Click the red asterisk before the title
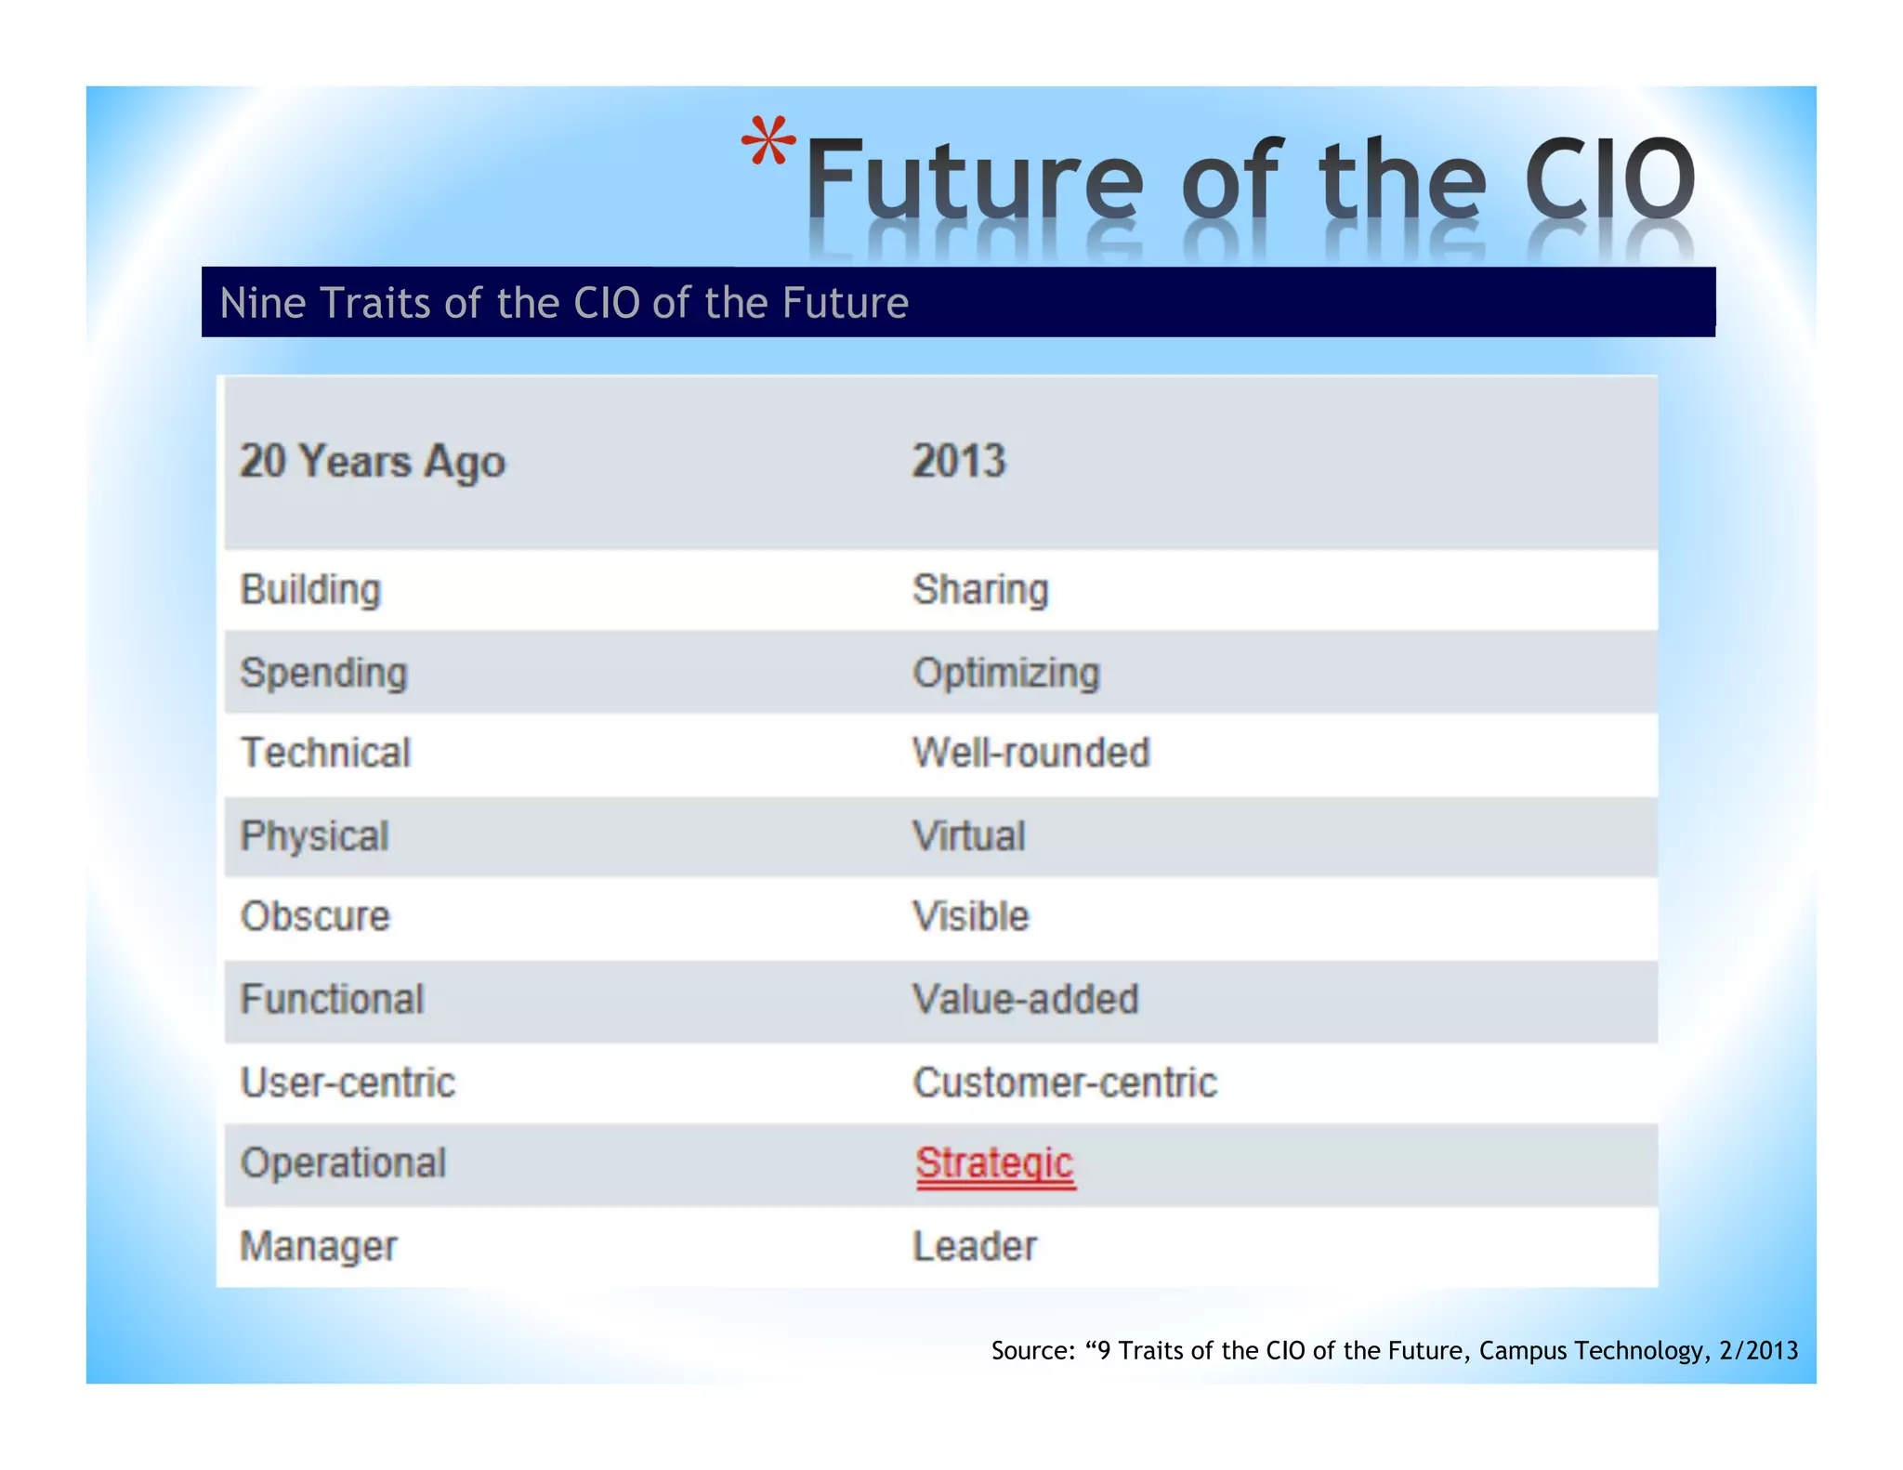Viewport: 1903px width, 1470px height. coord(768,140)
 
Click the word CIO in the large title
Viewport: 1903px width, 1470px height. coord(1609,177)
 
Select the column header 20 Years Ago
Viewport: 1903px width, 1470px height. coord(373,462)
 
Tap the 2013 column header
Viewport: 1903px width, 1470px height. coord(958,461)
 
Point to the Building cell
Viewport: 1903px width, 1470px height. coord(311,590)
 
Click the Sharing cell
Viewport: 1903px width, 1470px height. coord(980,590)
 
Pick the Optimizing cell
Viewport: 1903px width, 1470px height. coord(1005,673)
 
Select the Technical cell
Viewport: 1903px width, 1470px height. coord(325,753)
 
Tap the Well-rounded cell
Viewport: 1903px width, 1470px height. coord(1030,753)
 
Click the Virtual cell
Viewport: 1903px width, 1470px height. coord(968,836)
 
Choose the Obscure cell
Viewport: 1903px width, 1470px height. coord(315,917)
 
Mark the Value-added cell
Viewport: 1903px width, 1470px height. coord(1025,1000)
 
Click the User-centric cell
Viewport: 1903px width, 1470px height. coord(348,1083)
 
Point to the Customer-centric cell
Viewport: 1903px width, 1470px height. coord(1064,1083)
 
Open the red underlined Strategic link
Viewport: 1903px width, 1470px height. coord(994,1163)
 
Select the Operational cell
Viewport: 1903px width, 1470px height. coord(343,1163)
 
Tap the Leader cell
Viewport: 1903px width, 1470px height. coord(974,1246)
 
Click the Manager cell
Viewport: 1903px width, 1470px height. coord(319,1246)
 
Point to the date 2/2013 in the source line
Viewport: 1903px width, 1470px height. coord(1758,1350)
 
